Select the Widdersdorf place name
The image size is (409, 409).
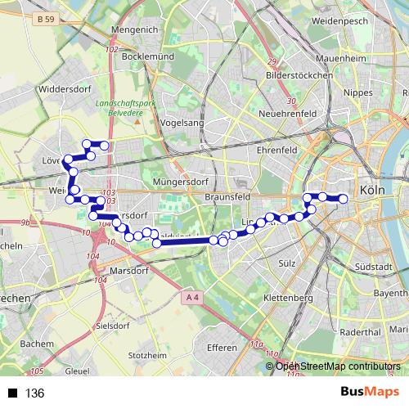click(x=67, y=84)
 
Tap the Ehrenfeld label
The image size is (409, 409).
click(x=277, y=151)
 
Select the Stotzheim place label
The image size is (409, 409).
click(x=149, y=356)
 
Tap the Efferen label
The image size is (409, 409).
click(x=222, y=348)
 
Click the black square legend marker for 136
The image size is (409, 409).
click(x=13, y=393)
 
